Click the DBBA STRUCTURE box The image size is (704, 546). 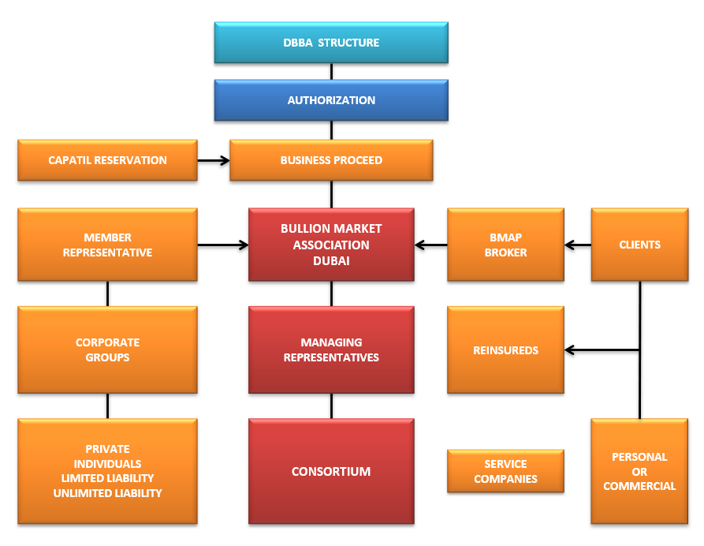pos(331,43)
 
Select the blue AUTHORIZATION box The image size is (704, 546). pos(331,100)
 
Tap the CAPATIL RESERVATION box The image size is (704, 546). pos(107,160)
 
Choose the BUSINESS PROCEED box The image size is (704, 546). pos(331,160)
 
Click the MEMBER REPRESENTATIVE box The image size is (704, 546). pos(107,245)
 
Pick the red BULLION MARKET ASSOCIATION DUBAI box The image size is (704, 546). pos(331,245)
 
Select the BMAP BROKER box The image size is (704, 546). pos(505,245)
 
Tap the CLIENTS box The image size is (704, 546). pos(639,245)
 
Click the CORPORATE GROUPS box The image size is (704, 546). pos(107,350)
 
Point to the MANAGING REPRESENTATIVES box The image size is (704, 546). pos(331,350)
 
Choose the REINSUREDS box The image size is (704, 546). pos(505,350)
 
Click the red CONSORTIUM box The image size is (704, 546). pos(331,471)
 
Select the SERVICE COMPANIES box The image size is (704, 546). pos(505,471)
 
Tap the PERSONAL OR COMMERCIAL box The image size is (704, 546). pos(639,471)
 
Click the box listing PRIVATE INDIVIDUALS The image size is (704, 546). pos(107,471)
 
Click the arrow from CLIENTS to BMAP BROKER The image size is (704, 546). pos(578,245)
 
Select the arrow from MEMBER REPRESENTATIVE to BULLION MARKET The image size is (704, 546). pos(222,245)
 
